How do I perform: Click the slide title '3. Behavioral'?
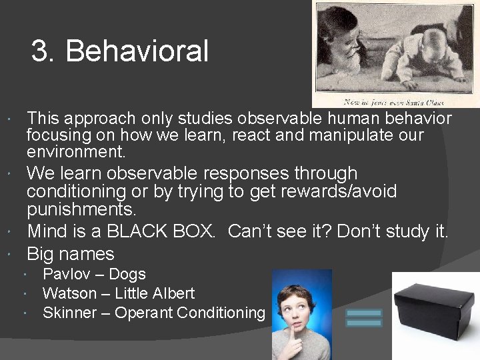120,51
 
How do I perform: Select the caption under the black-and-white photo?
393,102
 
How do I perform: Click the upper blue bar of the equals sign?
364,312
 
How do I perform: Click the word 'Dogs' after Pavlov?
127,274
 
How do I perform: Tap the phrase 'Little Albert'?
155,293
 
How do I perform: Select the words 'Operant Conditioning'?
190,313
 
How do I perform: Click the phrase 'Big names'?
70,254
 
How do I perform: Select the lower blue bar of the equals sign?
364,323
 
